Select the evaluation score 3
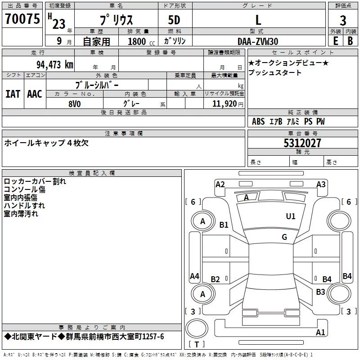343,20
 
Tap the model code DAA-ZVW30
258,41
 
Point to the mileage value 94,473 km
54,64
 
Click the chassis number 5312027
302,143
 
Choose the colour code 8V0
75,103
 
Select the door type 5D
174,20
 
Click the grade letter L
258,20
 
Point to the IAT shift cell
13,94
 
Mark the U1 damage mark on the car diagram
291,216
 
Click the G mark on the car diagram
284,237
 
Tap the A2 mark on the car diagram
220,184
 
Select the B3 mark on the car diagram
320,292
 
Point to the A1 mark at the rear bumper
320,333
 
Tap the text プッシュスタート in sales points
275,73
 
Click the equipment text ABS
258,121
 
